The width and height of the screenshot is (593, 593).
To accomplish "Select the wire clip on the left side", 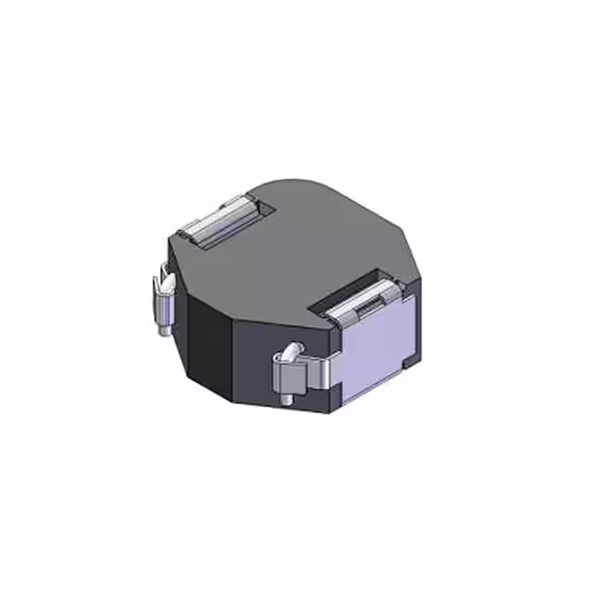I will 165,301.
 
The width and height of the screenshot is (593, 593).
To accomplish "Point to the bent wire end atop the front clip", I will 291,352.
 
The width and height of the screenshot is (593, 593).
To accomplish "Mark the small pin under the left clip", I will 164,326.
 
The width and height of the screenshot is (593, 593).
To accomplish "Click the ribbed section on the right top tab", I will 365,298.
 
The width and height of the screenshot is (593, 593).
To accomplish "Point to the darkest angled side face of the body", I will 208,343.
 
